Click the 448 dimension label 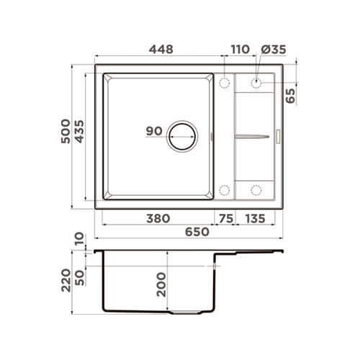(x=161, y=50)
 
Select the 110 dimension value (x=240, y=50)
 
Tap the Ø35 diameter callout (x=274, y=50)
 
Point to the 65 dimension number (x=290, y=96)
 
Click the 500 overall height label (x=66, y=131)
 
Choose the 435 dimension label (x=79, y=131)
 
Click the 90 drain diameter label (x=154, y=131)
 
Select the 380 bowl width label (x=158, y=219)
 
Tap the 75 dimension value (x=226, y=219)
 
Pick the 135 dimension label (x=255, y=219)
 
